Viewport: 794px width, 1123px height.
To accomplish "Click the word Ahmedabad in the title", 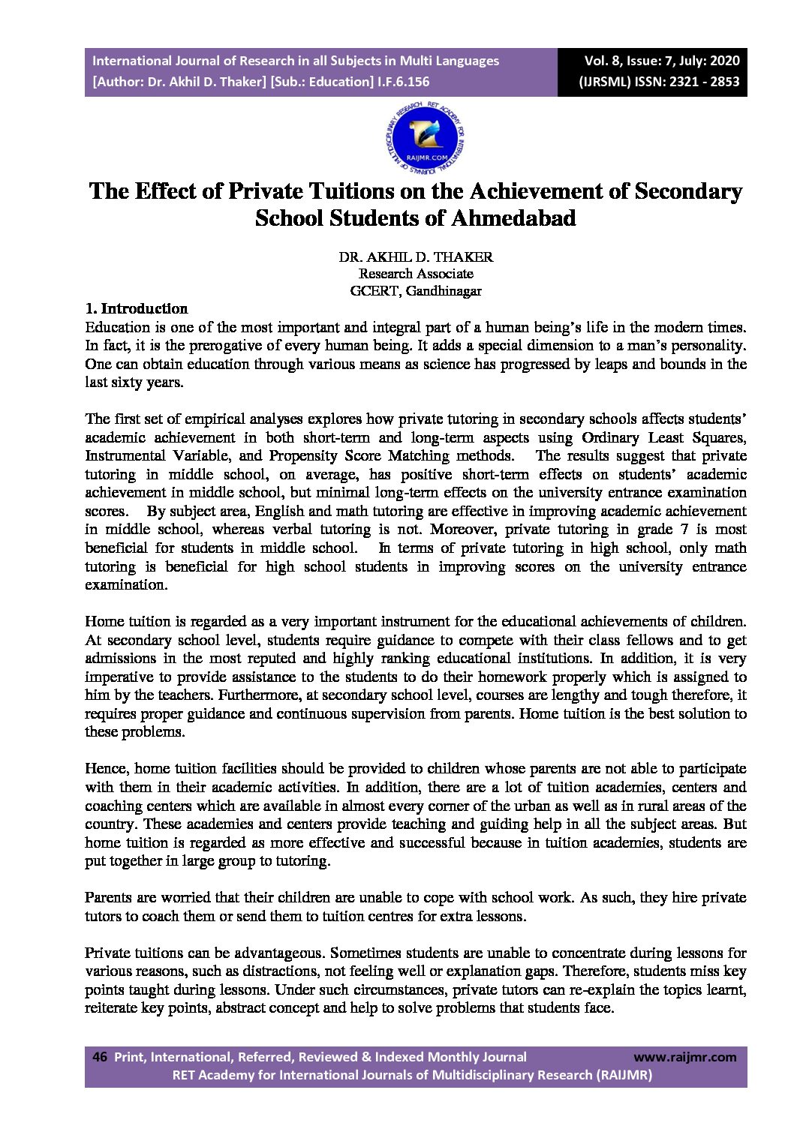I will point(513,218).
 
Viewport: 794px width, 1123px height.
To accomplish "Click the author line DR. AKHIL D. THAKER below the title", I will point(416,257).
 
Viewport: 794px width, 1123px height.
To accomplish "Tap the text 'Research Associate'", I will point(416,274).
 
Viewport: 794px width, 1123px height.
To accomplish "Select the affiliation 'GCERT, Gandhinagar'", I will point(416,291).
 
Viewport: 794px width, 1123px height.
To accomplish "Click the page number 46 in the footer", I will point(100,1057).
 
